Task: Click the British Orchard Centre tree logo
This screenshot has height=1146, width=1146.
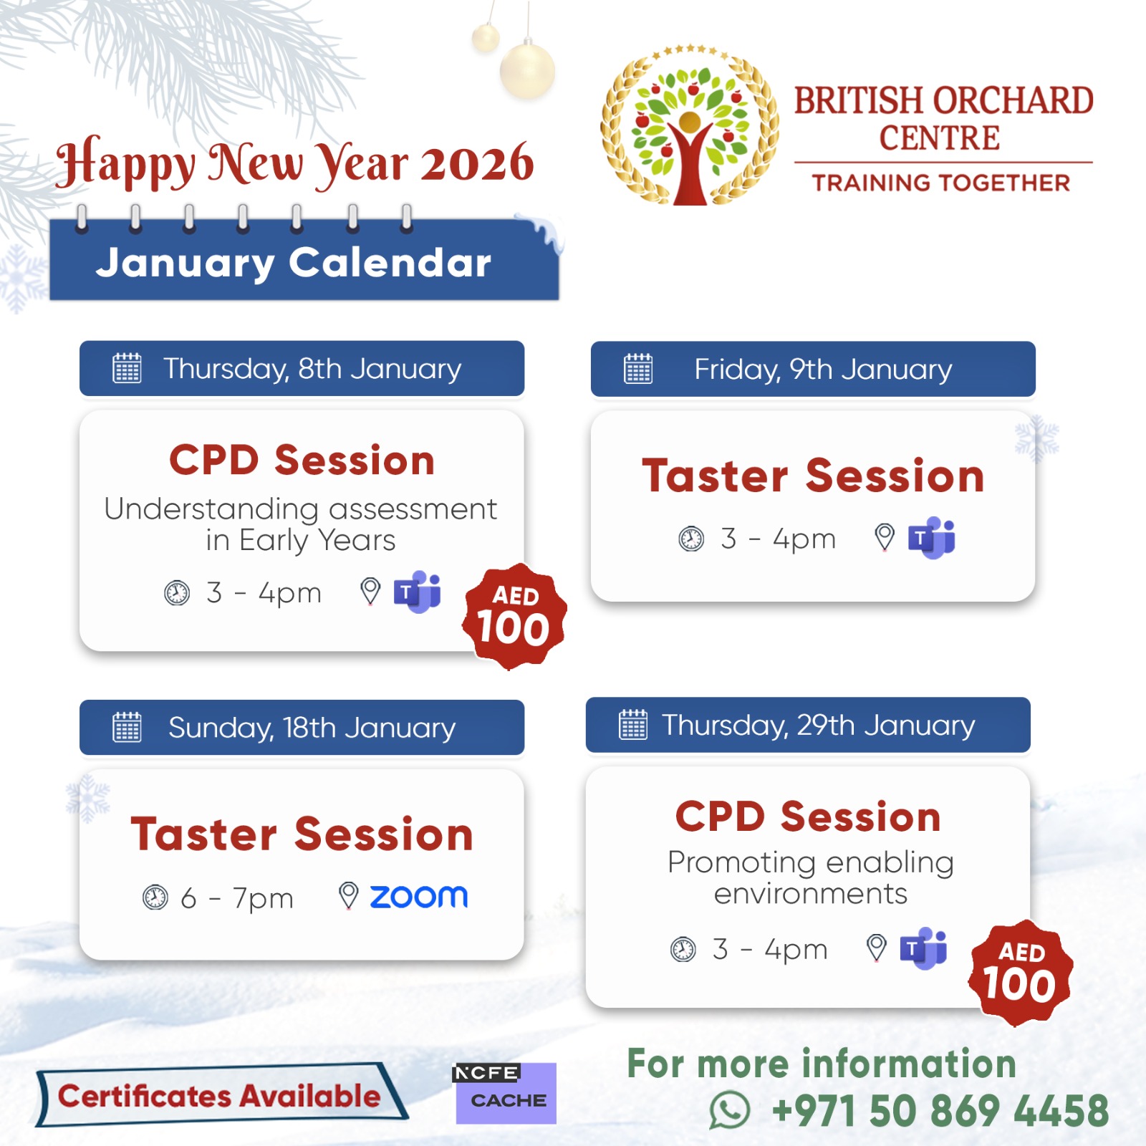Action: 689,126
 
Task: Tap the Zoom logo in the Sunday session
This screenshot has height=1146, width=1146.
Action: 418,896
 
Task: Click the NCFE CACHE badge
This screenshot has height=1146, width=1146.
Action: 506,1093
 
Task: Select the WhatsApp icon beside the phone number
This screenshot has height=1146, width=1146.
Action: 729,1110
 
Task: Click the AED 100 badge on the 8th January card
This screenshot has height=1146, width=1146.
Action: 515,617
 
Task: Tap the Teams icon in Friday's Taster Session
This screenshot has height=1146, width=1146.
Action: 931,537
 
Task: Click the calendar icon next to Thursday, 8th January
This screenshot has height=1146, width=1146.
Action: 127,368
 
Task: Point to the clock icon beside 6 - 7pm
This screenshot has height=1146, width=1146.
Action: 155,897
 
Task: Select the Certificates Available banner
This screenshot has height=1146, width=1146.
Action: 221,1094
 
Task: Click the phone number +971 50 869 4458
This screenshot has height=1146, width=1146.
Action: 940,1111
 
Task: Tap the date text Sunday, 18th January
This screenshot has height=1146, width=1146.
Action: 312,728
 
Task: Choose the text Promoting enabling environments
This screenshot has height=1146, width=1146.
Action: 811,878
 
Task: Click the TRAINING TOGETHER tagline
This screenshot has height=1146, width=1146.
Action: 941,183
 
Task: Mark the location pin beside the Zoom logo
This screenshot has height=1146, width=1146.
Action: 348,895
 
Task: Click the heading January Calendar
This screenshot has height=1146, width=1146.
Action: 294,263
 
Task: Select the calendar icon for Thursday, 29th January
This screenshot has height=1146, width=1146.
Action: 633,724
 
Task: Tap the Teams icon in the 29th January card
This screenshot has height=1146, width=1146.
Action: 923,948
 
